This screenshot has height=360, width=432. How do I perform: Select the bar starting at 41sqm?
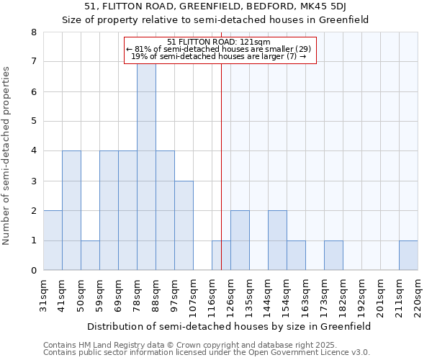click(71, 210)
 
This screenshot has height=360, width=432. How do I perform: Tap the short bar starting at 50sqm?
click(90, 255)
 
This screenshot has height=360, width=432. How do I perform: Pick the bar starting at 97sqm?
click(184, 225)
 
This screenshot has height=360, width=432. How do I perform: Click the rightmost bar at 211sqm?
click(408, 255)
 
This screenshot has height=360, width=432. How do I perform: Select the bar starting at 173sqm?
click(333, 255)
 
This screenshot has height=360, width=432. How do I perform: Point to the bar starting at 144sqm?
click(277, 240)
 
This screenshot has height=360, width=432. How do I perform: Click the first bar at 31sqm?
click(53, 240)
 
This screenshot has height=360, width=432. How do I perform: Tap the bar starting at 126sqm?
click(240, 240)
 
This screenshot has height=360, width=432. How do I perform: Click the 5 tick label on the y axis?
click(33, 121)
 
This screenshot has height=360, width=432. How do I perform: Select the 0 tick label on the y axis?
click(33, 271)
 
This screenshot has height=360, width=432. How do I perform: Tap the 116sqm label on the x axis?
click(212, 295)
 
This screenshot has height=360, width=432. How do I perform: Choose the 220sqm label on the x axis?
click(418, 295)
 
